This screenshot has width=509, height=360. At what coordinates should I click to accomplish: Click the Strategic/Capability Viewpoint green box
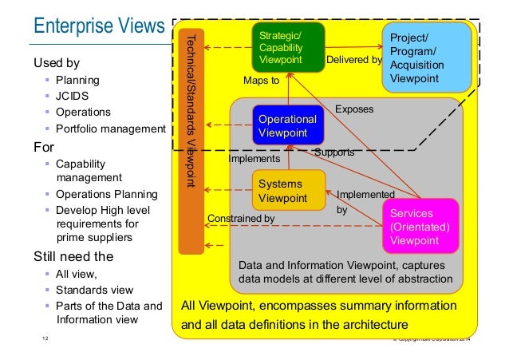(288, 47)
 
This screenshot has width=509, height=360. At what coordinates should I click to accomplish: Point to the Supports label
(333, 152)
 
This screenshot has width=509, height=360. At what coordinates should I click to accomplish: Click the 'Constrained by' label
(240, 218)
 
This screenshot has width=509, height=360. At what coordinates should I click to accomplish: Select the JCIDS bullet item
(72, 96)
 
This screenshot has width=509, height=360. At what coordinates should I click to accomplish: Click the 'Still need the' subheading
(73, 257)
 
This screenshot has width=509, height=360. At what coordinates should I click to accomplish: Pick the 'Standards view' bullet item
(95, 290)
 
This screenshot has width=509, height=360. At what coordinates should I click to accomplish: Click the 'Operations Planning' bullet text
(105, 194)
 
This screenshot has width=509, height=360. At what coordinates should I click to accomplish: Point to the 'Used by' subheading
(56, 62)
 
